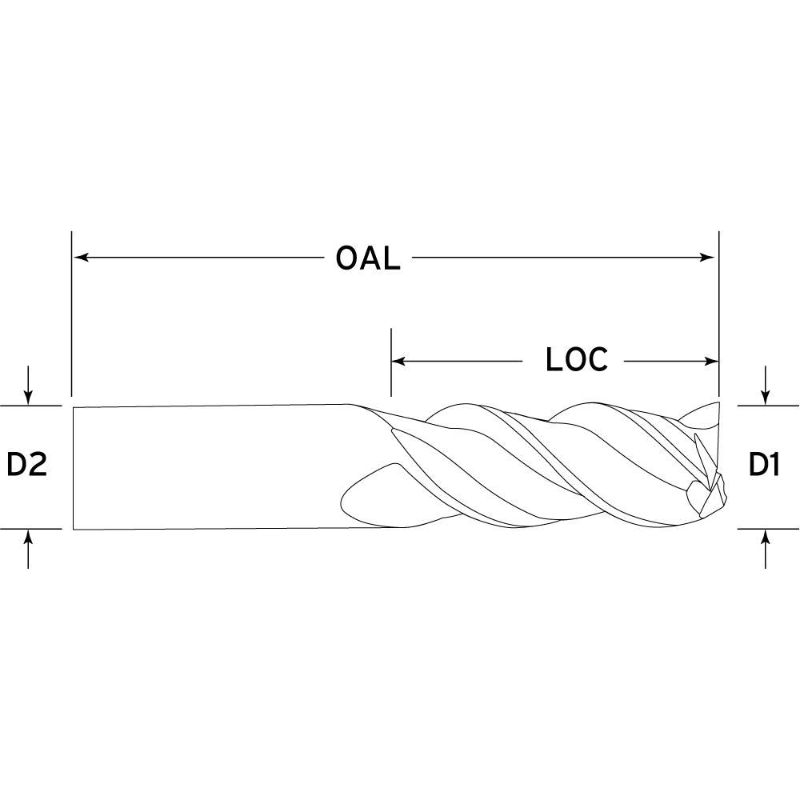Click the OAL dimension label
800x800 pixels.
tap(368, 258)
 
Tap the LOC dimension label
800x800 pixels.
tap(577, 360)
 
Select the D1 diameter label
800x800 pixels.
tap(764, 464)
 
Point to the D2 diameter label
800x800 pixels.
tap(27, 464)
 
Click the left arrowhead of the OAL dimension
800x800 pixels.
tap(81, 257)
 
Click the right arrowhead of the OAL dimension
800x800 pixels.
tap(708, 257)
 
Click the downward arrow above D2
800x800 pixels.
tap(28, 386)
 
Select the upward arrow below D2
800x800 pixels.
tap(28, 549)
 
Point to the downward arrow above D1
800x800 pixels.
tap(765, 386)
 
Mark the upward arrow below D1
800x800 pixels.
tap(765, 549)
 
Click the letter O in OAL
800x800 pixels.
tap(346, 258)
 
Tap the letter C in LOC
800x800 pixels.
tap(598, 360)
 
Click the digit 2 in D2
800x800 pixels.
tap(38, 464)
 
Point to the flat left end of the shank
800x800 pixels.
tap(74, 468)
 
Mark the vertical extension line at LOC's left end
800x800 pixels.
tap(391, 362)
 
